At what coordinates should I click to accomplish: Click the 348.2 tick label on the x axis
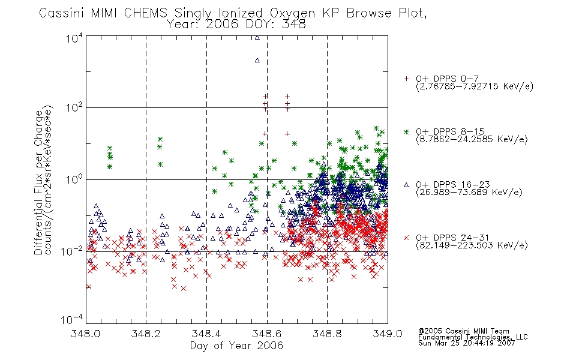[146, 334]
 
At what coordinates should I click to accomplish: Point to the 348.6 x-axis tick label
[267, 334]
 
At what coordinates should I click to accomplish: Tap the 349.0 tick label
[388, 334]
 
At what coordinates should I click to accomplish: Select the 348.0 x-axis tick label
[86, 334]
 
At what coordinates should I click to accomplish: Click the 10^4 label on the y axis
[74, 38]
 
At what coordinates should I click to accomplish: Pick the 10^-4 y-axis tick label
[72, 320]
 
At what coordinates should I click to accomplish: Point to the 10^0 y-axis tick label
[74, 179]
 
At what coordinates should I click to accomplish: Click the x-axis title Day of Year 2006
[236, 346]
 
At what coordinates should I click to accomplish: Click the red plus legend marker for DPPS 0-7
[406, 79]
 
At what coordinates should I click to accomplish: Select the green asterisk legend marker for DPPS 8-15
[406, 131]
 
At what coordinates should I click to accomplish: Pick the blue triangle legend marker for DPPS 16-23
[406, 185]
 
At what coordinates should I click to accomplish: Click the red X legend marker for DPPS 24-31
[406, 238]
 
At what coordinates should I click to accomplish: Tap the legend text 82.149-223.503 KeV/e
[472, 245]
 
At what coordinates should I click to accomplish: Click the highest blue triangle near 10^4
[257, 37]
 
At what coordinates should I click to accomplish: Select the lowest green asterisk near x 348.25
[160, 164]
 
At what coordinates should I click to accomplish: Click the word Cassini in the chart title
[61, 13]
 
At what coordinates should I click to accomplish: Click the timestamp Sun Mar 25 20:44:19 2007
[466, 343]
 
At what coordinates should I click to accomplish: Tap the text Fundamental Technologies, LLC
[473, 337]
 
